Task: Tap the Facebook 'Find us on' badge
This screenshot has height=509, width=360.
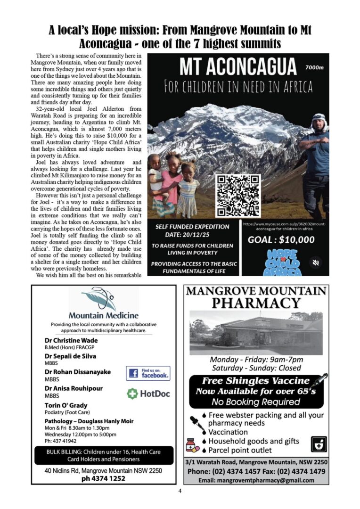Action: click(148, 373)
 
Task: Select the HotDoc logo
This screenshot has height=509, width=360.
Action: click(148, 394)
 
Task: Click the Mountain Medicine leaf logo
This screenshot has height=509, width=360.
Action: click(98, 300)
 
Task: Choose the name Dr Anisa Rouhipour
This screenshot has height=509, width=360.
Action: click(74, 388)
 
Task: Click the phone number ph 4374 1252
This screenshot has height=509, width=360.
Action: click(103, 478)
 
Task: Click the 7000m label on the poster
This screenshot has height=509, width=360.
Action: click(314, 67)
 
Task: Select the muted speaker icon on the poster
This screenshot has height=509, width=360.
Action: click(316, 262)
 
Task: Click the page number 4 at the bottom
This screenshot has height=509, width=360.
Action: click(180, 491)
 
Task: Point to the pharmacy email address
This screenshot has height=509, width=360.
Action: click(256, 480)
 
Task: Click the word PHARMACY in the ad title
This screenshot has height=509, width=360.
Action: click(256, 303)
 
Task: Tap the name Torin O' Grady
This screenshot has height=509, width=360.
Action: click(66, 405)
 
